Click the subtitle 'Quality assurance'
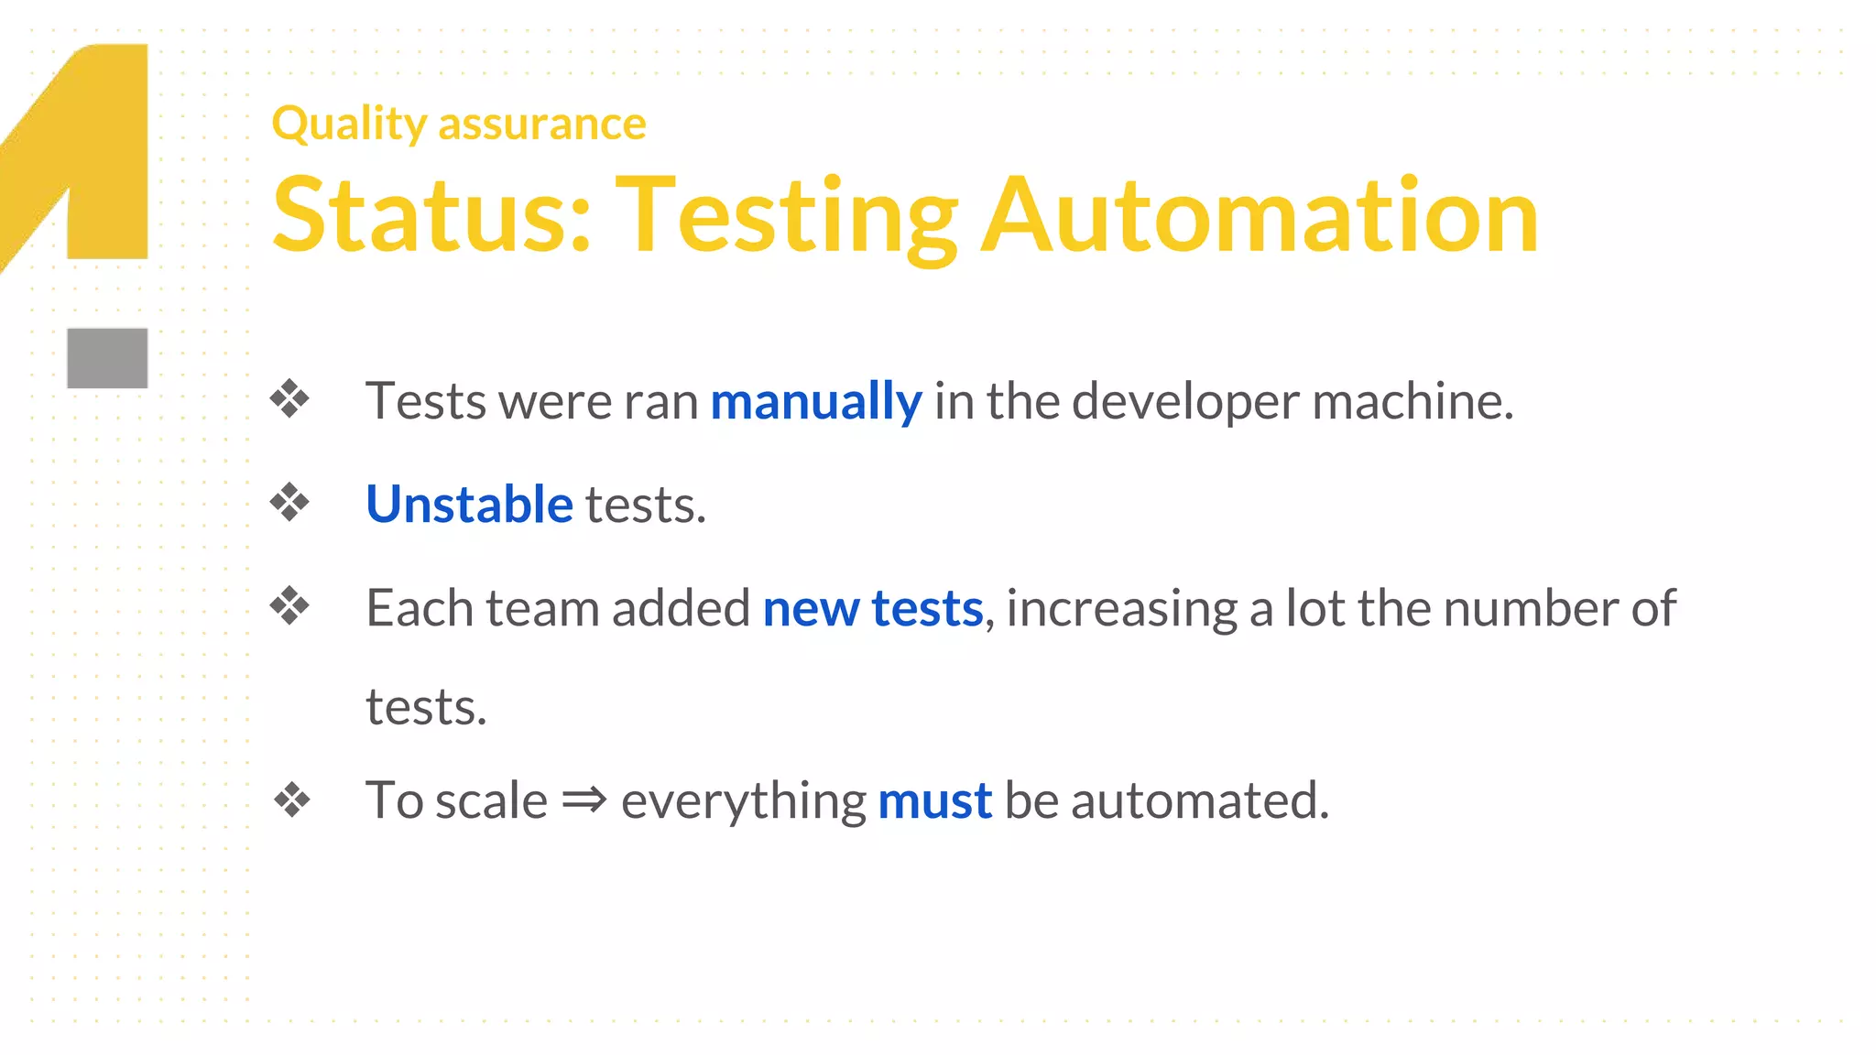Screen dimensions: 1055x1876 pos(459,124)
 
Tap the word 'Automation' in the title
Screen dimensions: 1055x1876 pos(1260,216)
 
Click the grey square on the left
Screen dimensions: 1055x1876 pos(107,358)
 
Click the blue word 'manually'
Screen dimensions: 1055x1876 pos(815,402)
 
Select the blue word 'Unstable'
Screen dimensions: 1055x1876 pos(469,505)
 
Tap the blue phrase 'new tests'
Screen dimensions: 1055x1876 pos(872,609)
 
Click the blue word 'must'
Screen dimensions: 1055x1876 pos(934,801)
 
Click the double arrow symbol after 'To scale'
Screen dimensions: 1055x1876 pos(584,799)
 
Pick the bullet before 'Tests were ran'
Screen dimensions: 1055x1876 pos(290,399)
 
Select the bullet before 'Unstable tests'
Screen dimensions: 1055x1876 pos(290,502)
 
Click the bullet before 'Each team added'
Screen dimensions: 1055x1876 pos(290,605)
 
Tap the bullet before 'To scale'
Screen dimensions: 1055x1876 pos(292,799)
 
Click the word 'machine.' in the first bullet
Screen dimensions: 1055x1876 pos(1412,402)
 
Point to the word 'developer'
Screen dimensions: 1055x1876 pos(1185,402)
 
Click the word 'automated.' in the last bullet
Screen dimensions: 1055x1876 pos(1200,801)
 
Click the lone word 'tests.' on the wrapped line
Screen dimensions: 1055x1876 pos(426,708)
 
